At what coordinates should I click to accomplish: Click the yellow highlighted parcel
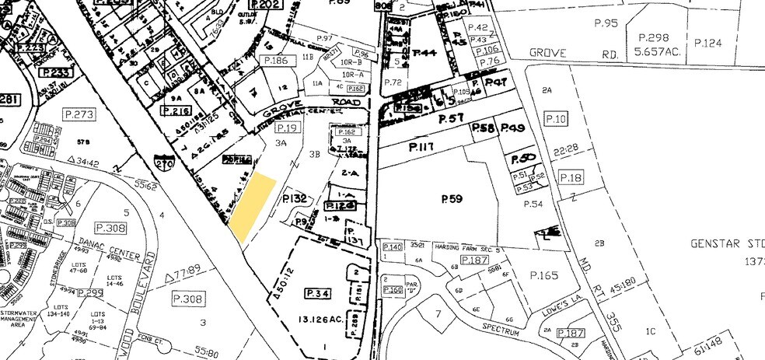[x=253, y=207]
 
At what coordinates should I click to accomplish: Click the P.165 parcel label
[x=544, y=275]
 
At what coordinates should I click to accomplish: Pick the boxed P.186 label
[x=276, y=60]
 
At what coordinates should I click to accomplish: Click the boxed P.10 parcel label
[x=556, y=118]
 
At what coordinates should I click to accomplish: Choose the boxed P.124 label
[x=708, y=43]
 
